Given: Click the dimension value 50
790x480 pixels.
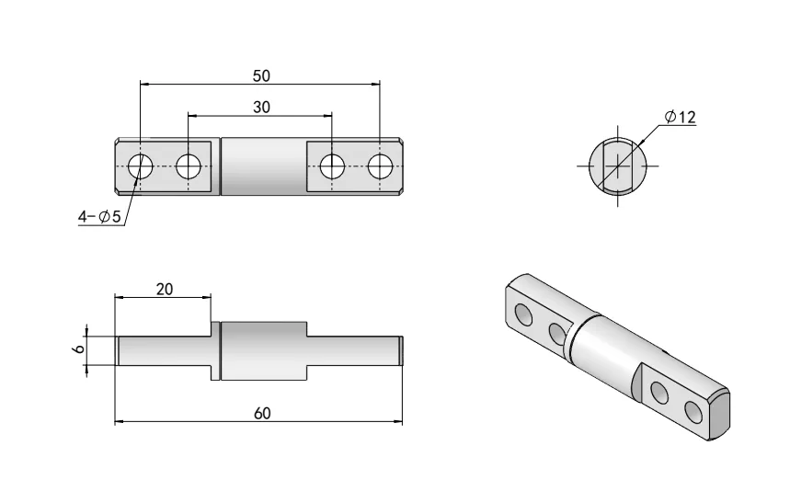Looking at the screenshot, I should [261, 75].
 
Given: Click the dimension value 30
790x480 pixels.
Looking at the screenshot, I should [261, 108].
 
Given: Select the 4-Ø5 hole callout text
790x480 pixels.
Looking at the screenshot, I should [99, 217].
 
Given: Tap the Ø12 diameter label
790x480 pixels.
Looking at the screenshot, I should [680, 117].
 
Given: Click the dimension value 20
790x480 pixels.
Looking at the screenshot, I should [165, 289].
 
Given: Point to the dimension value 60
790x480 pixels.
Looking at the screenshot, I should [261, 414].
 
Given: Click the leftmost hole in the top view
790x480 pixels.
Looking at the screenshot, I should [140, 166].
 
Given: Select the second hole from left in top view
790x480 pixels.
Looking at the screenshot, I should [189, 166].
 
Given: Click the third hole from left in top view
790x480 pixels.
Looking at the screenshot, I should [332, 166].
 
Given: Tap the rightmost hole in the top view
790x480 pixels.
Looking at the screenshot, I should [380, 166].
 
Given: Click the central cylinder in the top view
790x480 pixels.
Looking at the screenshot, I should [262, 166].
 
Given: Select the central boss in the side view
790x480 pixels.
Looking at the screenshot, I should [262, 351].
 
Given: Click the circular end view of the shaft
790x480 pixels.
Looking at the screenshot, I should [612, 166].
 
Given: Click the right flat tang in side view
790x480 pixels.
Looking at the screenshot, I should [354, 351].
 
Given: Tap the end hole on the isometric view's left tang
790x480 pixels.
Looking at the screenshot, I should [524, 315].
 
